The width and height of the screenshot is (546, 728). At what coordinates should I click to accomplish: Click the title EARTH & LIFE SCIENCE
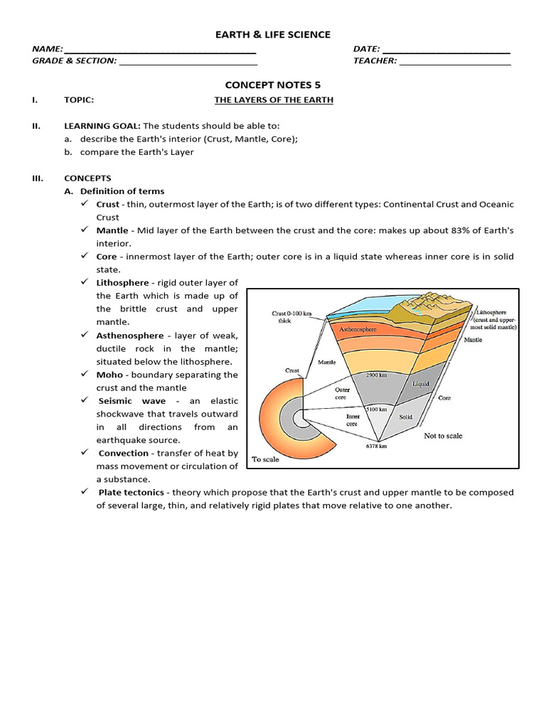[273, 35]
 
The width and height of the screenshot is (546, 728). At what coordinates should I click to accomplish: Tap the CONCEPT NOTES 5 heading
[273, 85]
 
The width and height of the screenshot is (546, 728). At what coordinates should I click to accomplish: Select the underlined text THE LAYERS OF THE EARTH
[274, 100]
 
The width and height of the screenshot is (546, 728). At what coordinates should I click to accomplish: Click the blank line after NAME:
[160, 50]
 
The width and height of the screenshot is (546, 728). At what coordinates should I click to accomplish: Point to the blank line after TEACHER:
[455, 62]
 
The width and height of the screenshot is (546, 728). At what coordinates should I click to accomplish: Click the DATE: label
[366, 49]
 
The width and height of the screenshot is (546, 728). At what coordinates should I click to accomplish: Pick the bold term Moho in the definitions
[109, 375]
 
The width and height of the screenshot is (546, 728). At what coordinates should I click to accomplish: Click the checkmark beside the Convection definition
[84, 453]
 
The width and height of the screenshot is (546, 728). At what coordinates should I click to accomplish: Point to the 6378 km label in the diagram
[375, 446]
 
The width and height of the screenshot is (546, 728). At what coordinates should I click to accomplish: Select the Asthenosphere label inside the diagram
[358, 330]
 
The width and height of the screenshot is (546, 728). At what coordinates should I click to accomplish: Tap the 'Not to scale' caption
[443, 436]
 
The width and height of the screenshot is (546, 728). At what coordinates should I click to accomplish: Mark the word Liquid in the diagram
[422, 383]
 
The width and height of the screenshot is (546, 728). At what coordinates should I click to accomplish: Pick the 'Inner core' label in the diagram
[353, 419]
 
